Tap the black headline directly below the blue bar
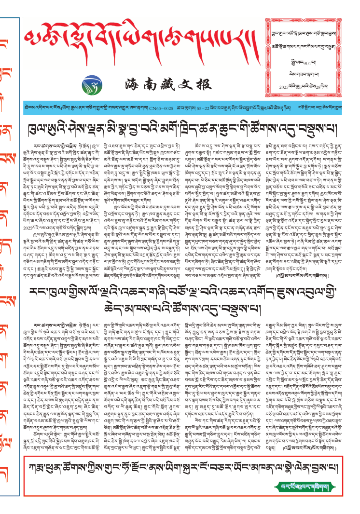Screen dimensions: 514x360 point(184,131)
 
